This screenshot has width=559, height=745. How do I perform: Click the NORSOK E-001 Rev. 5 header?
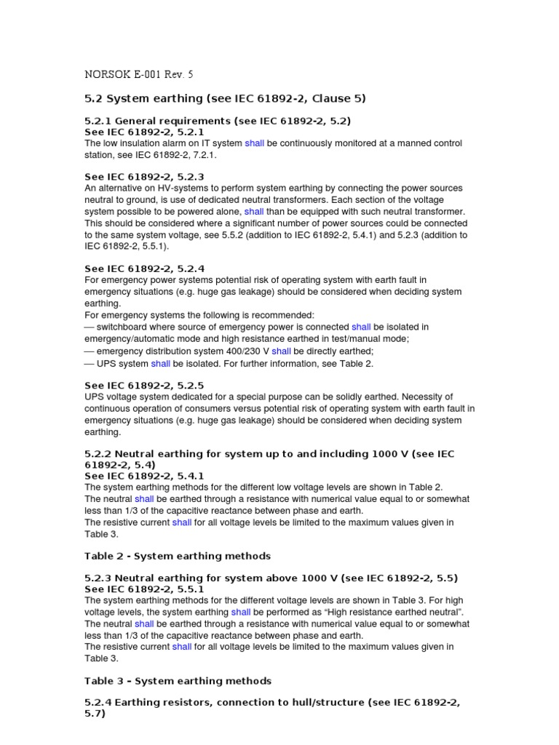(139, 74)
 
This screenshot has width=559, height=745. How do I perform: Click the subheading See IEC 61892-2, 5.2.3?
(144, 177)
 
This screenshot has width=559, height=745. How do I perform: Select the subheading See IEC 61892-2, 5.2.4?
(144, 268)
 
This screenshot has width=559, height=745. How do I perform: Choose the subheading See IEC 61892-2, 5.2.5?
(144, 385)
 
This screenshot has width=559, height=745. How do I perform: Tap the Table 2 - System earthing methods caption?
(178, 556)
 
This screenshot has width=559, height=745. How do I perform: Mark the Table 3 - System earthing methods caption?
(178, 681)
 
